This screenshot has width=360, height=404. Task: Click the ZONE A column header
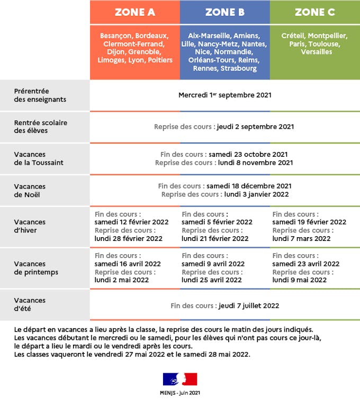tap(134, 12)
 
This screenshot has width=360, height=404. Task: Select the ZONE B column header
tap(224, 12)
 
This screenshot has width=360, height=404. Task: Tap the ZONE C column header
tap(314, 12)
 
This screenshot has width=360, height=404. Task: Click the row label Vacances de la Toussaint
tap(39, 158)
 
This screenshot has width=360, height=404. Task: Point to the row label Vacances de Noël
tap(30, 191)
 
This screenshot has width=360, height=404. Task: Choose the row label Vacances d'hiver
tap(30, 226)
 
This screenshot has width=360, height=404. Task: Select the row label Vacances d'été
tap(30, 304)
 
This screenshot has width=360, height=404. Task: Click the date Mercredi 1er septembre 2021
tap(224, 95)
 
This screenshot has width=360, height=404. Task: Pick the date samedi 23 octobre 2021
tap(248, 155)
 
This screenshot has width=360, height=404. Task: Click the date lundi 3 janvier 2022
tap(256, 194)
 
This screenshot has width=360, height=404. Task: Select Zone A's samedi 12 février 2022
tap(131, 222)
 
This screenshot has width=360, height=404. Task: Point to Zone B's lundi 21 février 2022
tap(215, 239)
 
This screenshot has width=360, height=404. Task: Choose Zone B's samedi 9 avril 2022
tap(213, 264)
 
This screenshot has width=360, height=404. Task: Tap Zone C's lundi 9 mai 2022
tap(300, 280)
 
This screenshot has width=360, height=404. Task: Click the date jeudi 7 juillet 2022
tap(248, 306)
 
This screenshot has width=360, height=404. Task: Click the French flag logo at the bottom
tap(180, 379)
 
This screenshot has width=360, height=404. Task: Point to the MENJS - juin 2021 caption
tap(180, 393)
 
